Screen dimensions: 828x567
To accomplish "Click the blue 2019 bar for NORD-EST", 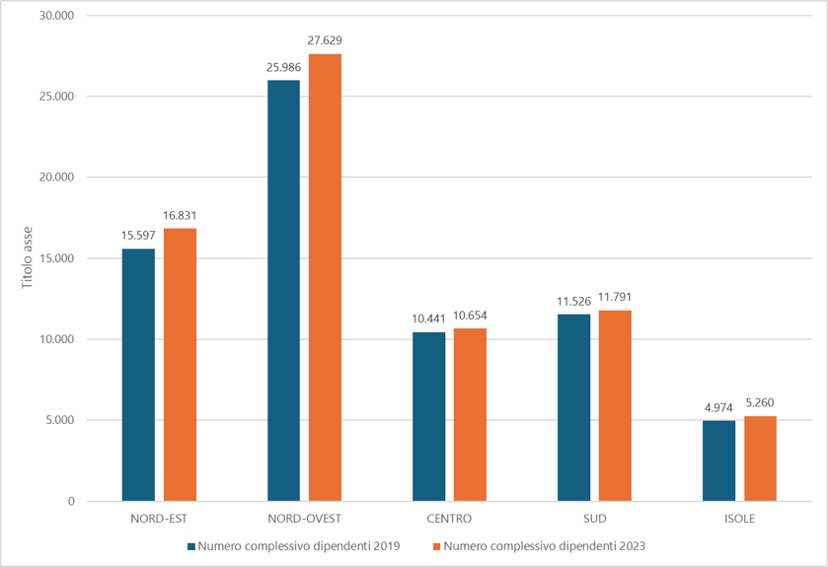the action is click(138, 375).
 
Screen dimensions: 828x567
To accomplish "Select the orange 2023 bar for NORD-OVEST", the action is click(326, 277).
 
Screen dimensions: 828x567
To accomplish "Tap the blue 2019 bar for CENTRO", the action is click(428, 417).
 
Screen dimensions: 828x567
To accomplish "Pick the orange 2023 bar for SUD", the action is click(615, 405).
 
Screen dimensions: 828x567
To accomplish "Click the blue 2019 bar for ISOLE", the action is click(718, 461).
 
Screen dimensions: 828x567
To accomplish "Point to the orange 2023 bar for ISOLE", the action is click(761, 459).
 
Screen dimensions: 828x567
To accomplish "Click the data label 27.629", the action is click(325, 40).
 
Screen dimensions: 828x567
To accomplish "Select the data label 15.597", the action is click(138, 236).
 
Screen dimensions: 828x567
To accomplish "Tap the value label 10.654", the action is click(470, 316).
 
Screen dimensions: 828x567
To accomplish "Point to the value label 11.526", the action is click(574, 301).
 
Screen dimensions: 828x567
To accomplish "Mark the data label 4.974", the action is click(718, 407).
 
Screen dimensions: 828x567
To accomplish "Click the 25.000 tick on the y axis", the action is click(57, 97).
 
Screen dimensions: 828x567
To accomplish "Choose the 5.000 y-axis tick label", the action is click(59, 420).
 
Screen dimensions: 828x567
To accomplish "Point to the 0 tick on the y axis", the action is click(71, 502).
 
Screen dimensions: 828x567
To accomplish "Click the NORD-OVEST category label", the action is click(305, 519).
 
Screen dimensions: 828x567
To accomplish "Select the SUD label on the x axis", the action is click(595, 519).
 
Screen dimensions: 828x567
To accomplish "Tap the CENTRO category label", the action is click(449, 519).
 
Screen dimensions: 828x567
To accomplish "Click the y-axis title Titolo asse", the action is click(27, 258).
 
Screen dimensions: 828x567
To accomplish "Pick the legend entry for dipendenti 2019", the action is click(294, 546).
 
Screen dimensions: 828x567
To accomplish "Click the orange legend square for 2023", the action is click(437, 546).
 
